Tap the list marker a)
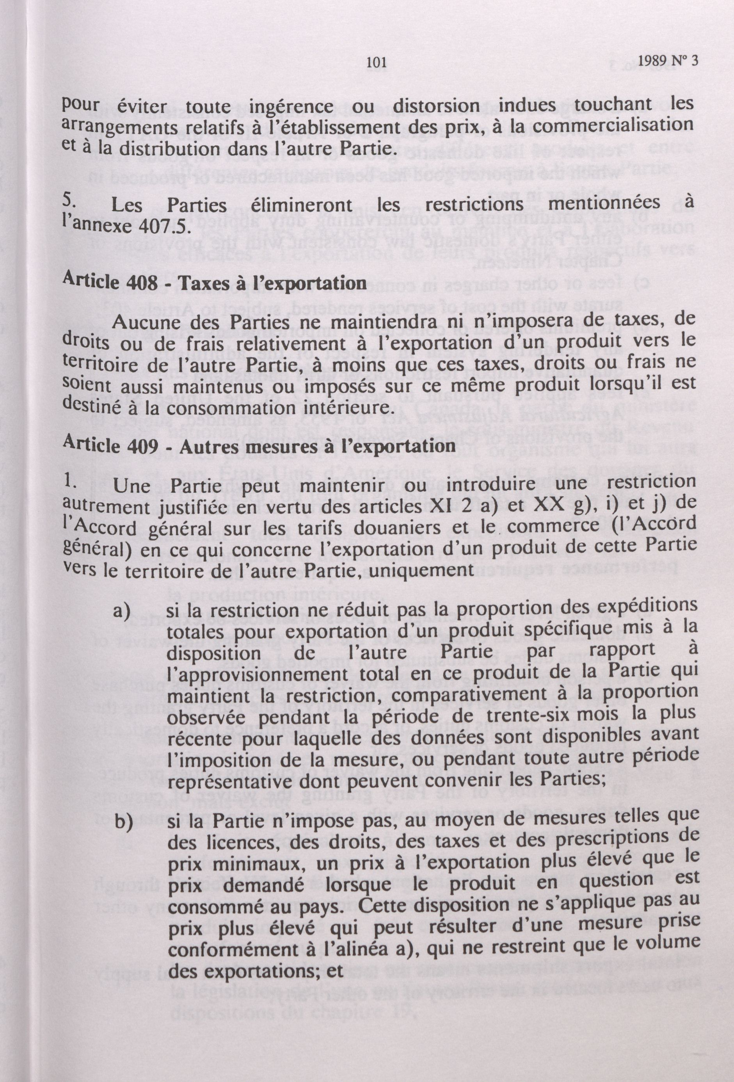click(x=123, y=611)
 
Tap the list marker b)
click(x=123, y=824)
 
